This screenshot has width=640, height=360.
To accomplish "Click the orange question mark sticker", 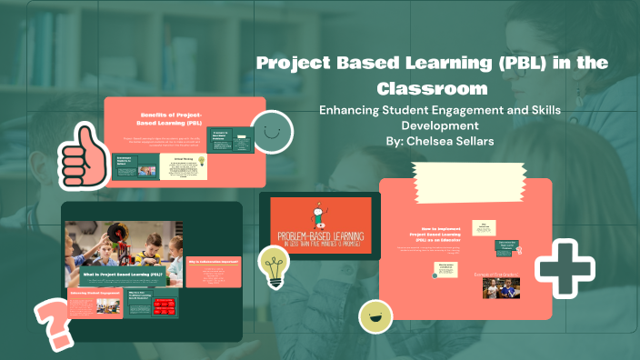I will tap(52, 321).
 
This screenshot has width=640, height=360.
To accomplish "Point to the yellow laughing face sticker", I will tap(375, 315).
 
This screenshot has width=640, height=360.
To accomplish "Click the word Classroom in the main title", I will tap(432, 89).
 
